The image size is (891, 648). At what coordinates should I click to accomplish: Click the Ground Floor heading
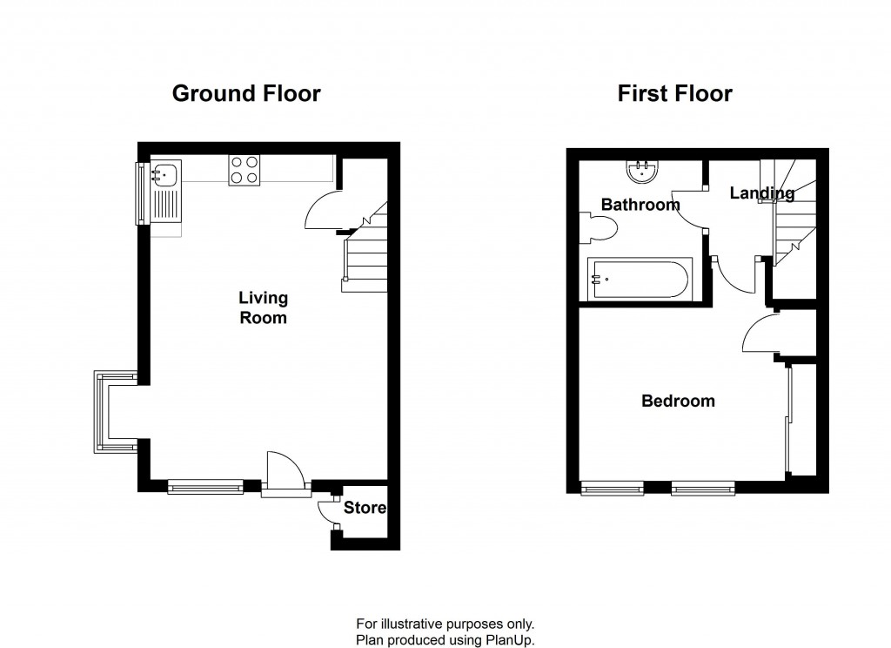(x=246, y=93)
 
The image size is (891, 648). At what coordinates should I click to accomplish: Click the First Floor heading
(x=674, y=93)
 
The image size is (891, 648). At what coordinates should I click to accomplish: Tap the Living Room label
(x=263, y=308)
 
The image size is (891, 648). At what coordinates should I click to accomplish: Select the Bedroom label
(x=678, y=402)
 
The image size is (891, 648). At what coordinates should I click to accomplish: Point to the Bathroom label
(x=640, y=206)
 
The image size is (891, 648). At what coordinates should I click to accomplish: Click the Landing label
(x=761, y=193)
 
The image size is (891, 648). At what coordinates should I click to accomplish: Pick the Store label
(x=365, y=508)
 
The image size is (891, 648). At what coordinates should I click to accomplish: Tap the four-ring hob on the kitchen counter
(x=245, y=170)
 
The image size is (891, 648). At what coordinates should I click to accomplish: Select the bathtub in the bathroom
(x=640, y=280)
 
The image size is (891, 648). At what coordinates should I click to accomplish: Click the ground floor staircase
(x=365, y=253)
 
